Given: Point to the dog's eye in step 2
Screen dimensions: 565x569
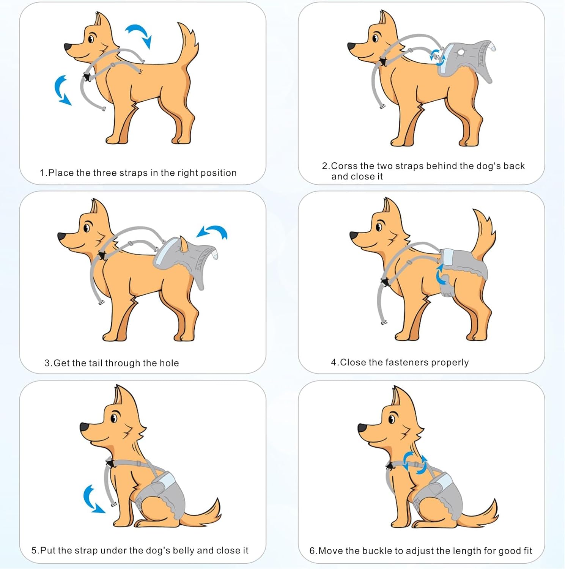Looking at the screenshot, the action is [x=375, y=38].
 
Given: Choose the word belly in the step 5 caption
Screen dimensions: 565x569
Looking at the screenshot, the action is [x=184, y=551].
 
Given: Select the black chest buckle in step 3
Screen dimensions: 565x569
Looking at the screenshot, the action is [x=101, y=255].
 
